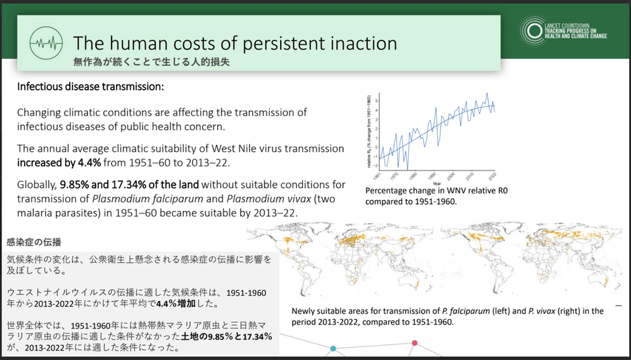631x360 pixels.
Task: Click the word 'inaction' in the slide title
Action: coord(358,43)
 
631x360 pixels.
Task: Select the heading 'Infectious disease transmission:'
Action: coord(90,87)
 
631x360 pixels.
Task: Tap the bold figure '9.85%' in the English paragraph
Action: coord(77,184)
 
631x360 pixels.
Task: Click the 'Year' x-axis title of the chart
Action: coord(437,183)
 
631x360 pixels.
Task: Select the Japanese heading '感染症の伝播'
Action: coord(34,241)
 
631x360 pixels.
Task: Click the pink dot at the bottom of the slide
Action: coord(415,343)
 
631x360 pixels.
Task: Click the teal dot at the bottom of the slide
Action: coord(332,349)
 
